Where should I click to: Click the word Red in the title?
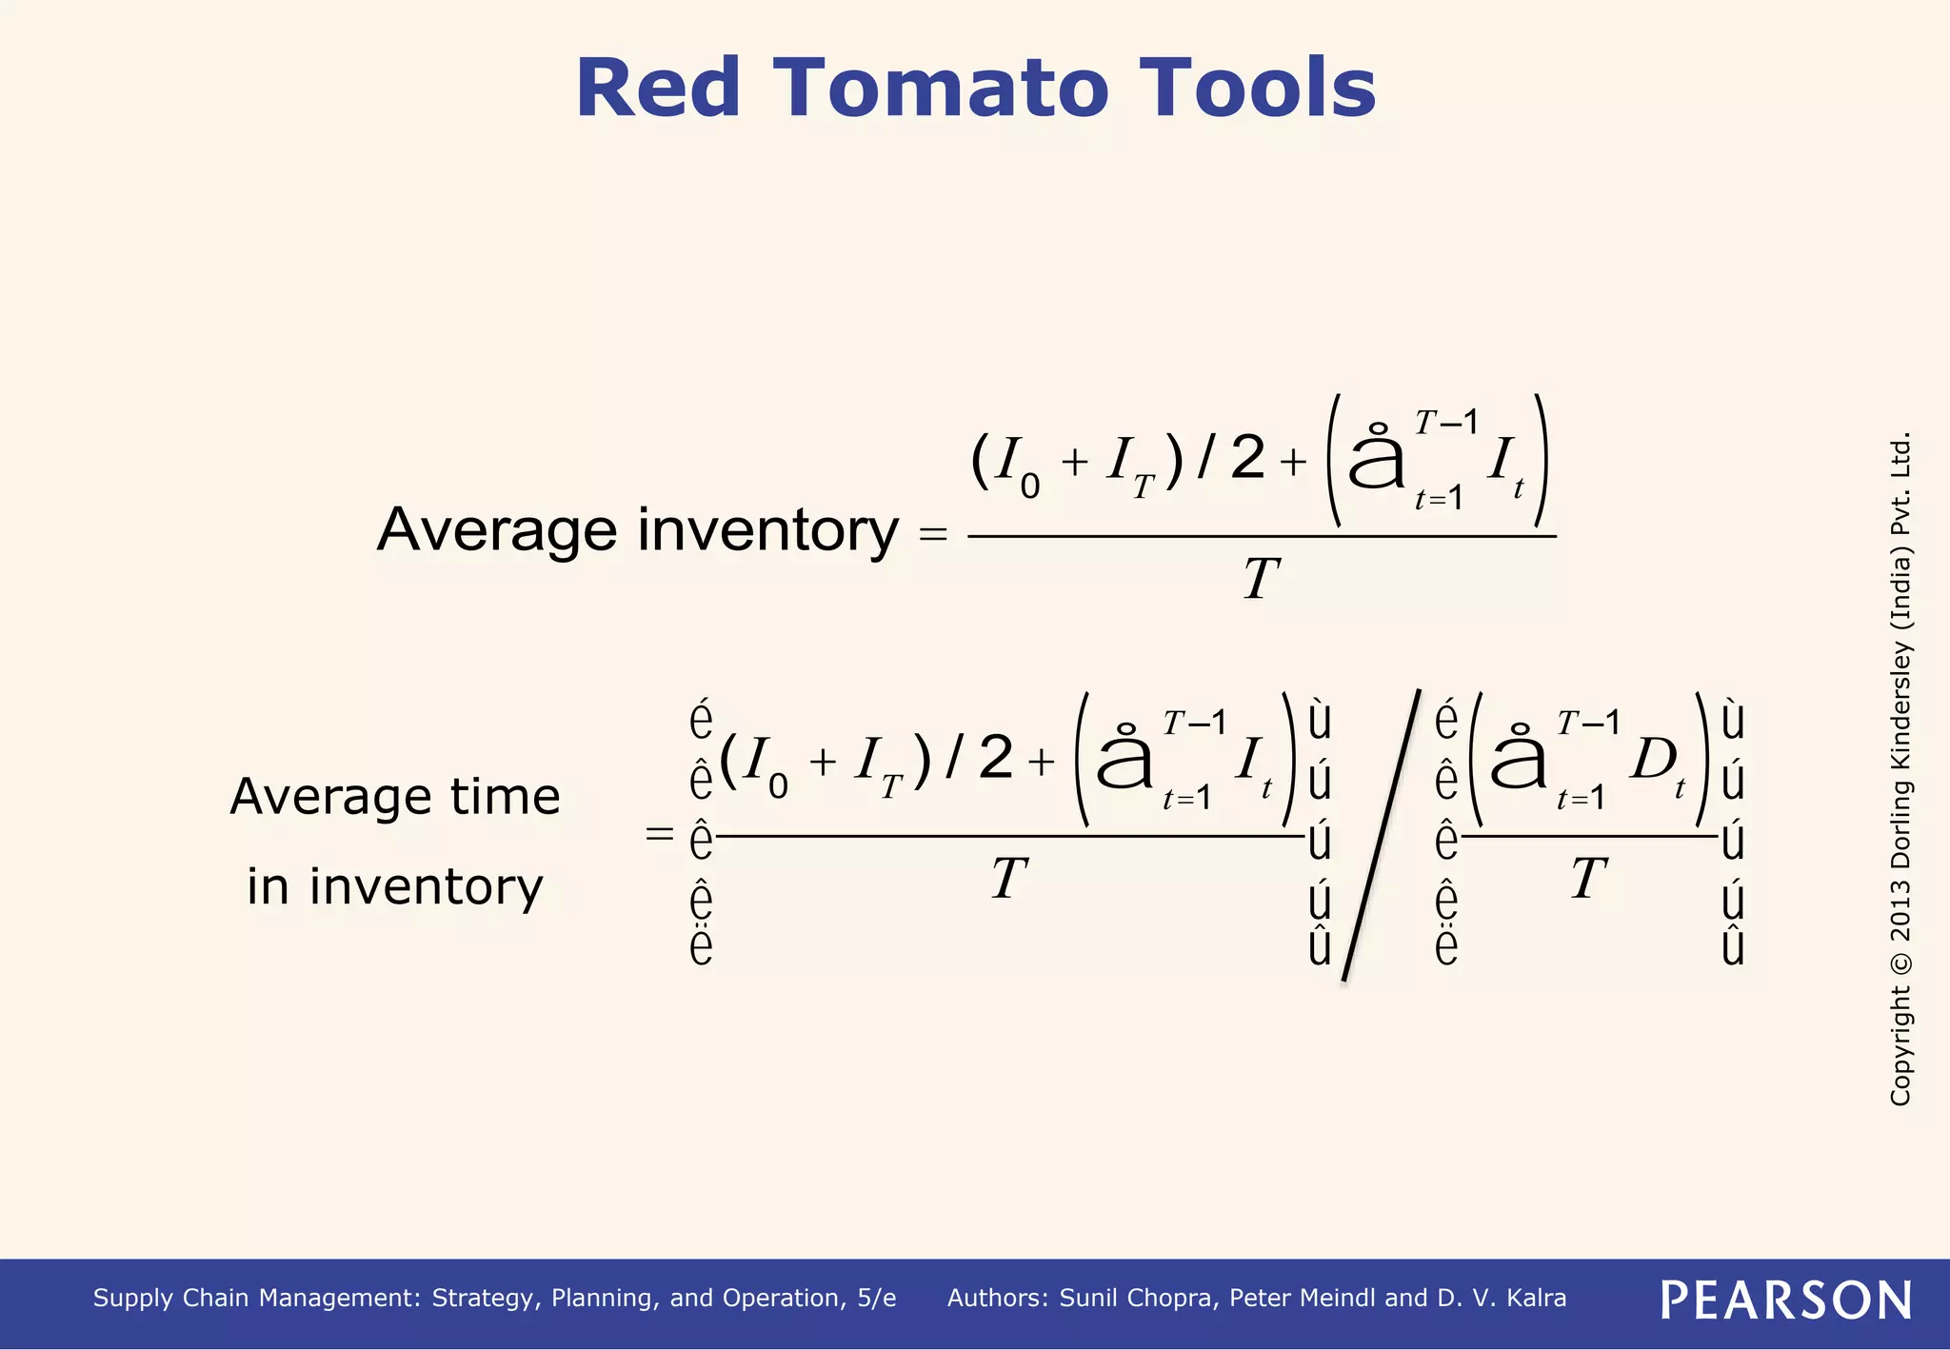pyautogui.click(x=658, y=89)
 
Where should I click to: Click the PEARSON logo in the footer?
pyautogui.click(x=1785, y=1300)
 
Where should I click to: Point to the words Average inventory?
pyautogui.click(x=637, y=530)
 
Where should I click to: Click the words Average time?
pyautogui.click(x=394, y=796)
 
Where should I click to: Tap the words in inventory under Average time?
pyautogui.click(x=394, y=886)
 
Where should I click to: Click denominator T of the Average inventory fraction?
pyautogui.click(x=1261, y=579)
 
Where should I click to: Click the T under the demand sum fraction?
pyautogui.click(x=1588, y=878)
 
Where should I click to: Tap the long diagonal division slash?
pyautogui.click(x=1381, y=836)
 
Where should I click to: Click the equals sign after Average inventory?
pyautogui.click(x=933, y=535)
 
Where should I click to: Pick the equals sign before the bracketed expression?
pyautogui.click(x=659, y=835)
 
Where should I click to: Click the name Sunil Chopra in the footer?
pyautogui.click(x=1138, y=1299)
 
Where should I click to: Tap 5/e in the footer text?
pyautogui.click(x=876, y=1299)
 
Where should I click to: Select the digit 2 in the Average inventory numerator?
pyautogui.click(x=1247, y=458)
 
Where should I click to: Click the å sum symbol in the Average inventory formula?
pyautogui.click(x=1376, y=458)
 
